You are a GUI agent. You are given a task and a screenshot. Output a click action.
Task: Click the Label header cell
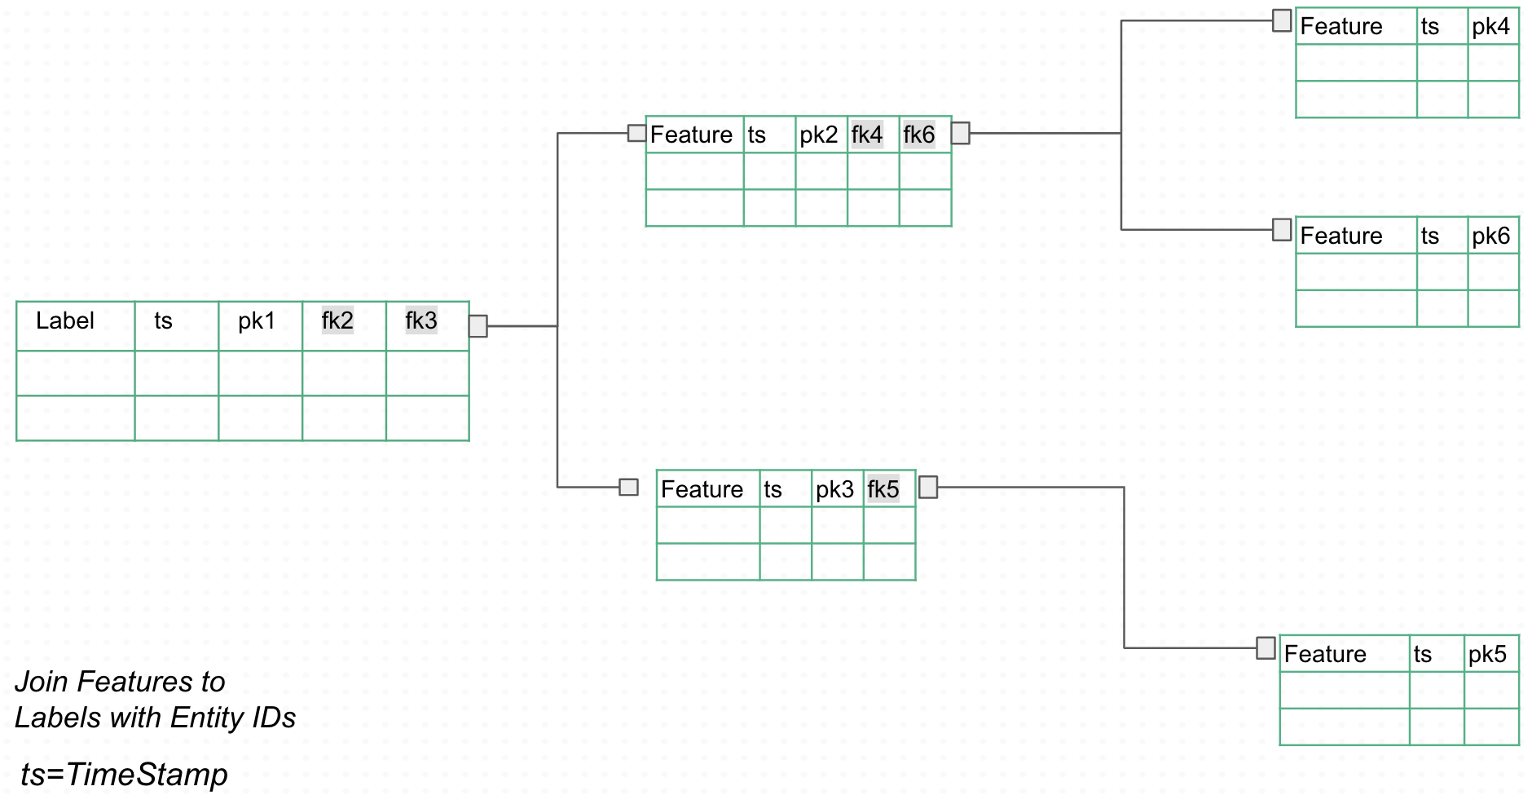click(x=65, y=321)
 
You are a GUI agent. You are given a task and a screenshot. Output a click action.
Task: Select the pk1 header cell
click(x=257, y=321)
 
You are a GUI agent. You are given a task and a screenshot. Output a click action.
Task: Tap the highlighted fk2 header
click(x=337, y=321)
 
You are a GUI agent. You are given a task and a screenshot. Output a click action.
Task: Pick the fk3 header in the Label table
click(x=421, y=321)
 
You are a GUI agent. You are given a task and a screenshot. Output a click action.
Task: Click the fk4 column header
click(x=867, y=135)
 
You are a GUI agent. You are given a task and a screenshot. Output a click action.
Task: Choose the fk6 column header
click(x=919, y=135)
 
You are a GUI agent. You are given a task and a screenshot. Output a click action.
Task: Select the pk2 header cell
click(x=818, y=135)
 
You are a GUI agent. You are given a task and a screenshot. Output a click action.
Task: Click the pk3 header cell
click(x=834, y=489)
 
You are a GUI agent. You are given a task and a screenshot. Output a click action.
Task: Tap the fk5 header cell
click(x=883, y=489)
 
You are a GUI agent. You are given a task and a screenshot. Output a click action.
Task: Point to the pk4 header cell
click(x=1490, y=27)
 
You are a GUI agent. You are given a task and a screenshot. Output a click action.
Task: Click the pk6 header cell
click(x=1490, y=236)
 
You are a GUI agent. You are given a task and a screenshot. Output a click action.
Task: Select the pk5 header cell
click(x=1487, y=654)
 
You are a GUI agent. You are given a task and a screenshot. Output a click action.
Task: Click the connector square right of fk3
click(x=478, y=326)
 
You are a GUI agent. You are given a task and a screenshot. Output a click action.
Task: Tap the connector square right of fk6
click(x=961, y=133)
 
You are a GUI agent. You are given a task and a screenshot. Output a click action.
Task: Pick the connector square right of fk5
click(x=928, y=488)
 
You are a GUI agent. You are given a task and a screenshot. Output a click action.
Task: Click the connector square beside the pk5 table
click(x=1266, y=648)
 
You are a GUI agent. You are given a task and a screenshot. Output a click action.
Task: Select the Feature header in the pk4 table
click(x=1341, y=27)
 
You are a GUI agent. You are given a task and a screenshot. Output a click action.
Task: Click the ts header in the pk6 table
click(x=1430, y=236)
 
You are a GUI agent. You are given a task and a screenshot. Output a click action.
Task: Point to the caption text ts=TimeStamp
click(x=125, y=775)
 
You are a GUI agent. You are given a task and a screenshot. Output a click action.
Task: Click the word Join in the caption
click(x=42, y=682)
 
